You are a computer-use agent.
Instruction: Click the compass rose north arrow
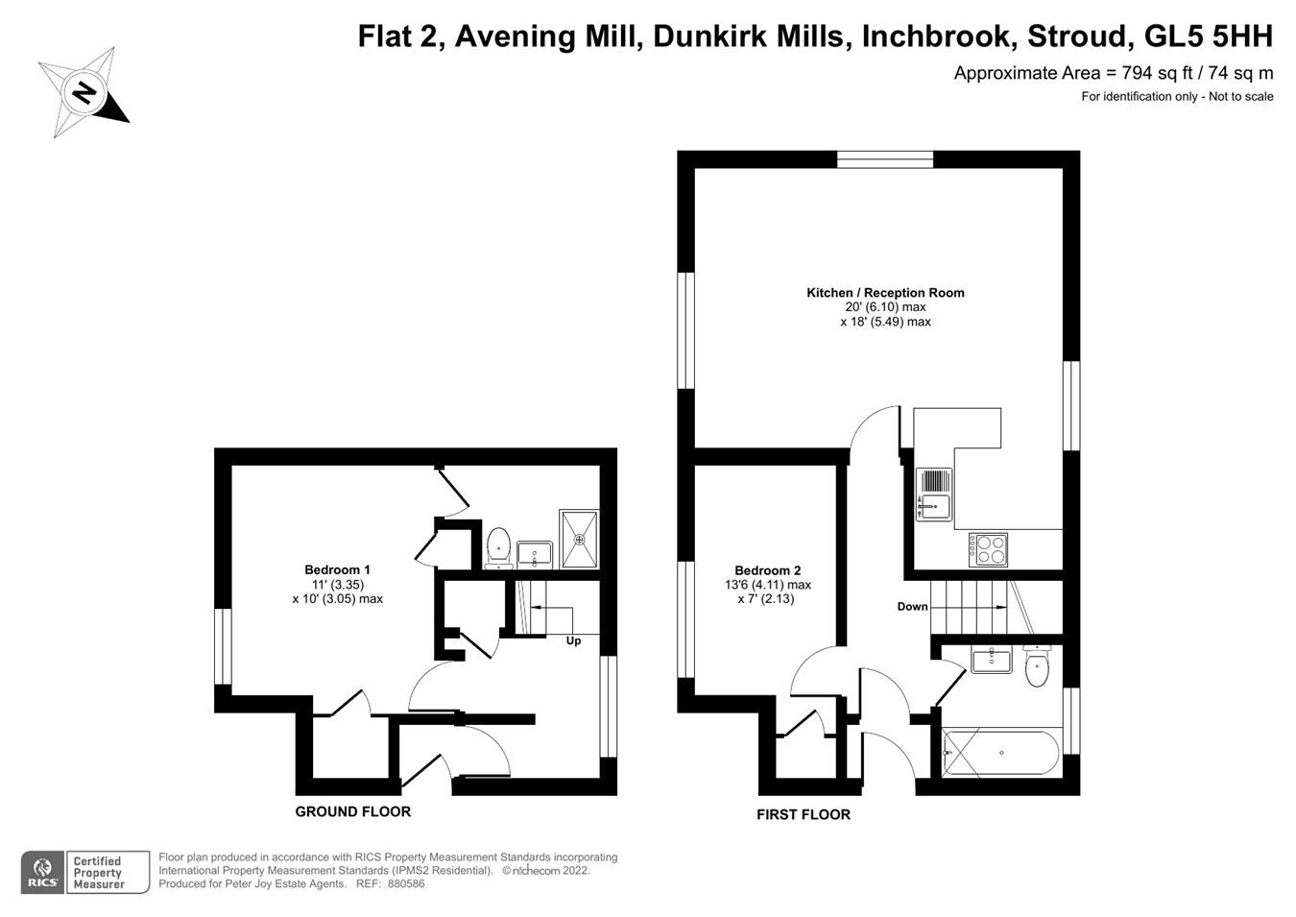click(x=84, y=92)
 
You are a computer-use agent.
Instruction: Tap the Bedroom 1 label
click(x=337, y=569)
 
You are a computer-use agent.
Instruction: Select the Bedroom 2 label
click(x=768, y=570)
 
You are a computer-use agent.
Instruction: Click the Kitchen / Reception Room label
click(x=885, y=293)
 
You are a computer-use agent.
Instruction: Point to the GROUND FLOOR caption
click(x=353, y=811)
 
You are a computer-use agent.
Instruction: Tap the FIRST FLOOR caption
click(x=804, y=814)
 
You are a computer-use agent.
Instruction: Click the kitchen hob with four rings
click(x=988, y=549)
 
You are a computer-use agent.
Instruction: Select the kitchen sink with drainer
click(x=934, y=495)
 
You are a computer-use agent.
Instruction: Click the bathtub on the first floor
click(x=1001, y=753)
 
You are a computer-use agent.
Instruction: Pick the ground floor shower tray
click(x=579, y=539)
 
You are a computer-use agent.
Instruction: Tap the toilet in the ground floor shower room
click(x=498, y=547)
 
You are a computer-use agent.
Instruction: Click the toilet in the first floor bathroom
click(x=1037, y=666)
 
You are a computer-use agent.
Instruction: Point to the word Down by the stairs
click(x=912, y=606)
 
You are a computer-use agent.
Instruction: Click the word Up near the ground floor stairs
click(x=573, y=641)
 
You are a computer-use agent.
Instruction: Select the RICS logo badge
click(x=43, y=872)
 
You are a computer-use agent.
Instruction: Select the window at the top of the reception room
click(x=885, y=159)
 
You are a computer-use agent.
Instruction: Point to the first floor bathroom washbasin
click(x=991, y=660)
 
